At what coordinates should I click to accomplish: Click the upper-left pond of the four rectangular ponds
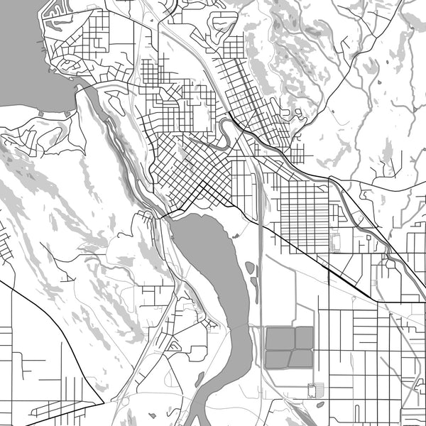point(279,338)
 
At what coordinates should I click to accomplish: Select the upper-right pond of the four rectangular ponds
point(304,338)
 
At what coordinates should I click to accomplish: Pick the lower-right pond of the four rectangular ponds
point(302,359)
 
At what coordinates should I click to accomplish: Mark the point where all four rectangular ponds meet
point(292,349)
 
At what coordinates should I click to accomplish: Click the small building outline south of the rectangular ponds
point(315,389)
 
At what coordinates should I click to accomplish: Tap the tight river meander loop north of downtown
point(223,132)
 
